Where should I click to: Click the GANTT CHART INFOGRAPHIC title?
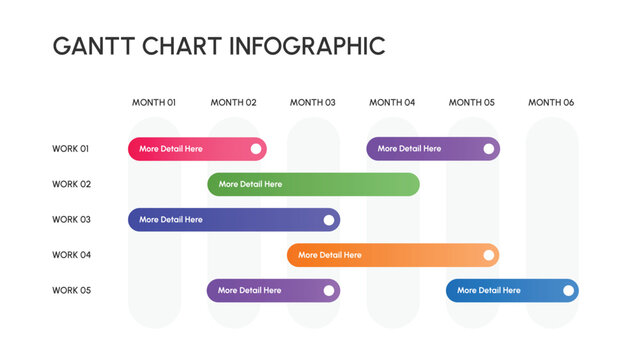tap(218, 46)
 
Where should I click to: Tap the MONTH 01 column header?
tap(154, 102)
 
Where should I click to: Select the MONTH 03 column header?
tap(313, 102)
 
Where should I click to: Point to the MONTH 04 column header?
tap(392, 102)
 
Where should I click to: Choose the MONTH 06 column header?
tap(551, 102)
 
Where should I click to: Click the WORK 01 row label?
tap(71, 149)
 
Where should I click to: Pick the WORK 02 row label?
tap(71, 184)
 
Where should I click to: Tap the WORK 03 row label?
tap(71, 220)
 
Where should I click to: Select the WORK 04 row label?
tap(71, 255)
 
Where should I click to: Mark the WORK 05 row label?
tap(71, 291)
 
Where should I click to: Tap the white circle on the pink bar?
tap(256, 149)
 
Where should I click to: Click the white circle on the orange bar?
tap(489, 255)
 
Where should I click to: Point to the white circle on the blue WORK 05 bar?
tap(568, 291)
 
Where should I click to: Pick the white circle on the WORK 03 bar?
tap(329, 220)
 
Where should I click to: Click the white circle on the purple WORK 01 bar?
tap(489, 149)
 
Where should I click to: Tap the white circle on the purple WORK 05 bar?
tap(329, 291)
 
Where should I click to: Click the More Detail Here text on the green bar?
tap(250, 184)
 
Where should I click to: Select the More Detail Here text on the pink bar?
tap(171, 149)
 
